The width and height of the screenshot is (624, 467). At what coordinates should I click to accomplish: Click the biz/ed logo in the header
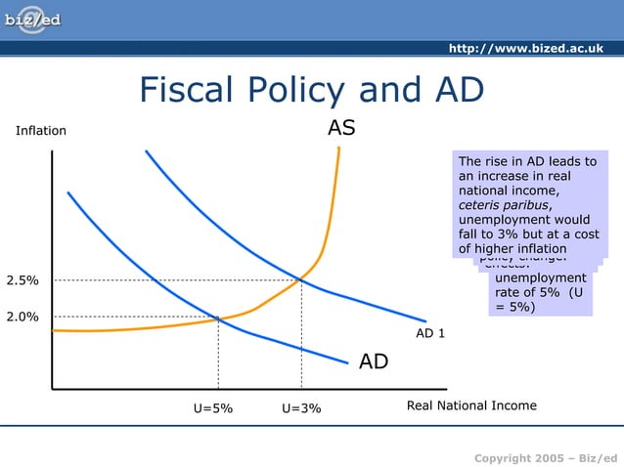click(x=32, y=21)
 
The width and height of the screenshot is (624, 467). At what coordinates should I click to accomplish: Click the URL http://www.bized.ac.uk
click(x=525, y=49)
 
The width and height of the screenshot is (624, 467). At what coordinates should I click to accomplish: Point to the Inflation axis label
click(x=41, y=131)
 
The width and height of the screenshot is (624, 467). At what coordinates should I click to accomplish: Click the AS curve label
click(x=341, y=128)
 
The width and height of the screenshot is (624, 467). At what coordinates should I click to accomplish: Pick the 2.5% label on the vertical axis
click(x=22, y=280)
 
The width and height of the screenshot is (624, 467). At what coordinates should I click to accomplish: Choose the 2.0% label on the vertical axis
click(x=22, y=317)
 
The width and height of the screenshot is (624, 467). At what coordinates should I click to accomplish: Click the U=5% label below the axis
click(x=214, y=408)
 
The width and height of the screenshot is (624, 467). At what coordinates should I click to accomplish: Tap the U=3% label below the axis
click(x=301, y=408)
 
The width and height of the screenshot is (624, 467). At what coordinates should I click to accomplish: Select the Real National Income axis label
click(x=471, y=405)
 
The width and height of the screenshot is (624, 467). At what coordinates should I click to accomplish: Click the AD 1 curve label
click(x=430, y=333)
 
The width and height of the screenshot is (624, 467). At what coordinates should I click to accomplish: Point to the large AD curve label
click(x=374, y=362)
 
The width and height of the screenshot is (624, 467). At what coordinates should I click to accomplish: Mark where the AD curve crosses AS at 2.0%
click(x=218, y=318)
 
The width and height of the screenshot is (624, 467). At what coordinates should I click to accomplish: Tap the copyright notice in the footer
click(x=546, y=458)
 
